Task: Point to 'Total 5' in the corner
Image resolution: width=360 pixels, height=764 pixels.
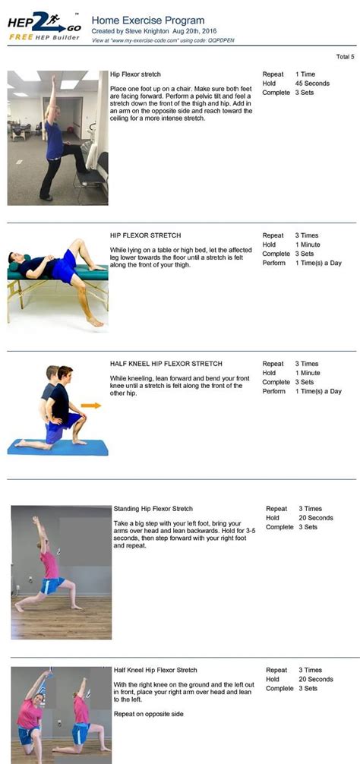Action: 345,57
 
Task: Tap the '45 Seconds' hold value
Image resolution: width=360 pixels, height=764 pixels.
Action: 313,84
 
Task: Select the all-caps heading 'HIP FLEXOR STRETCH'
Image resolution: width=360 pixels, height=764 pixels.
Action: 145,235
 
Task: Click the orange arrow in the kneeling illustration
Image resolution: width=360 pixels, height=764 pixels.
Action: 91,405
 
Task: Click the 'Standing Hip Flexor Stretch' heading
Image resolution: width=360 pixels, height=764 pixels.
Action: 153,509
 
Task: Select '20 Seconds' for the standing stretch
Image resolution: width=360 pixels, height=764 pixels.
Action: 316,518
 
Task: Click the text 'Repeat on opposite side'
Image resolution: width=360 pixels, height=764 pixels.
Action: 149,715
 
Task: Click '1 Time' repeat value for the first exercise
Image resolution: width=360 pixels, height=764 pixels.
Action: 306,74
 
